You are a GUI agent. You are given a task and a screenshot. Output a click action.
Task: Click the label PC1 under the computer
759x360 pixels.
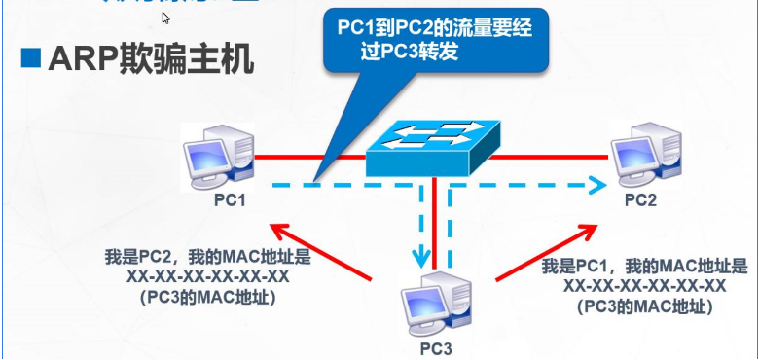(x=230, y=200)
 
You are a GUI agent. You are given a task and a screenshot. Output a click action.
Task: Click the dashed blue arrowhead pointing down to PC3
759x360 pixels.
(x=421, y=258)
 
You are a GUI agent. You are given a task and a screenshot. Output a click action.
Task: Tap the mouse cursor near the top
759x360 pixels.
(x=166, y=17)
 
